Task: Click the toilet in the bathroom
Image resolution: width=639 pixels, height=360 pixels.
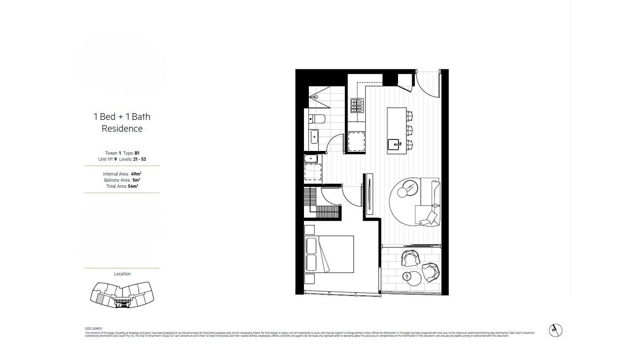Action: (x=317, y=119)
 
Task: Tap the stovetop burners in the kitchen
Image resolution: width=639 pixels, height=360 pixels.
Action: (x=357, y=105)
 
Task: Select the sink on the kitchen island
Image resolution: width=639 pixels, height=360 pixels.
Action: (x=394, y=144)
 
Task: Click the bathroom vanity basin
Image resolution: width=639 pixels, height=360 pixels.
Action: (x=314, y=137)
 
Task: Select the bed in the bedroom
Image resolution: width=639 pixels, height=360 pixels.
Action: (x=329, y=254)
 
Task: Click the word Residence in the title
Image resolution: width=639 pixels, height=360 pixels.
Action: (x=122, y=129)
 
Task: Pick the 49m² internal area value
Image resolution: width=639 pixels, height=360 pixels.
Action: (x=136, y=174)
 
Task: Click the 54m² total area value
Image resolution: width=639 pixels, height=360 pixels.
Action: (x=133, y=186)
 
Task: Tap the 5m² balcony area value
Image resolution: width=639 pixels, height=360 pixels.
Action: (x=136, y=180)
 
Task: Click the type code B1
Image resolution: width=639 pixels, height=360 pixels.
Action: (x=137, y=153)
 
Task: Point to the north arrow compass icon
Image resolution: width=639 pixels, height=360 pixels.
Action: (x=555, y=330)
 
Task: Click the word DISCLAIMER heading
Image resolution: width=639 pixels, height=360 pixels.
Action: (x=93, y=328)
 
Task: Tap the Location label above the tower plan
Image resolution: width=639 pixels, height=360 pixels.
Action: (x=122, y=274)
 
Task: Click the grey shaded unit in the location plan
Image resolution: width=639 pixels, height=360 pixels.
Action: (x=100, y=299)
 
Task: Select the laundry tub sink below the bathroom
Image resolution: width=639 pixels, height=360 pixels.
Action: (x=310, y=158)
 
